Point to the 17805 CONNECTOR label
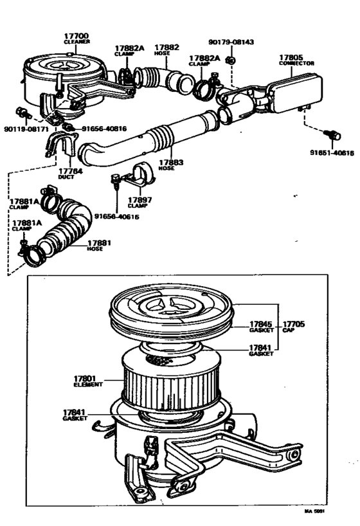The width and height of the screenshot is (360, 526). tap(296, 59)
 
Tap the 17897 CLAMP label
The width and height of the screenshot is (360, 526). tap(139, 202)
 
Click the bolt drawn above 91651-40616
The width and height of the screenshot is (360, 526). tap(334, 135)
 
